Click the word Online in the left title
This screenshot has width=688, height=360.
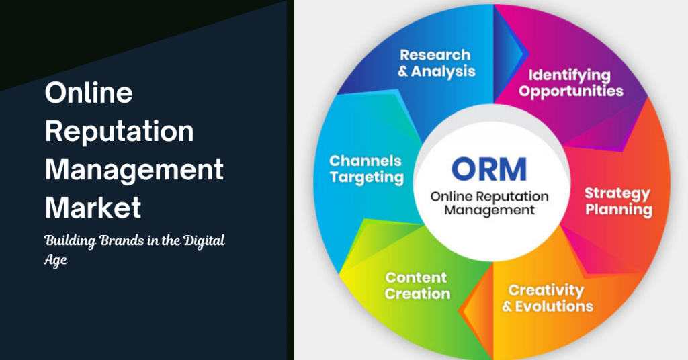click(89, 93)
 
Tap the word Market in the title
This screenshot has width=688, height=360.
click(93, 207)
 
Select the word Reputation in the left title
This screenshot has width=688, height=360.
click(120, 132)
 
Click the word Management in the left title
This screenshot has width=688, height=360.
click(134, 171)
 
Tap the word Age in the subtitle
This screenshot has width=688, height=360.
click(56, 260)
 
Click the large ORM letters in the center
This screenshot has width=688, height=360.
click(489, 169)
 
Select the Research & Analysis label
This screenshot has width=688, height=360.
click(436, 63)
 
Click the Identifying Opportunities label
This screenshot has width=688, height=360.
click(570, 83)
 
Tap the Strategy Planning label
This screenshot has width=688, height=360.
click(618, 201)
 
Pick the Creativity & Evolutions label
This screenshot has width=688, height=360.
click(547, 298)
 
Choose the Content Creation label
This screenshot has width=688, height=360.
click(417, 285)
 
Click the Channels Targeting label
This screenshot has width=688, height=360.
click(366, 169)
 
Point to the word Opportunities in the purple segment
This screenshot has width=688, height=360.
click(570, 91)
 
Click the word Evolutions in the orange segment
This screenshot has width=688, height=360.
click(554, 306)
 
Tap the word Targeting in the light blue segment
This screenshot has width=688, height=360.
click(367, 177)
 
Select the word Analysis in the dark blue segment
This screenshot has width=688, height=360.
click(443, 71)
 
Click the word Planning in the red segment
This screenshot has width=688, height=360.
click(619, 210)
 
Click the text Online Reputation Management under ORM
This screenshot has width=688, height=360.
click(489, 203)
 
